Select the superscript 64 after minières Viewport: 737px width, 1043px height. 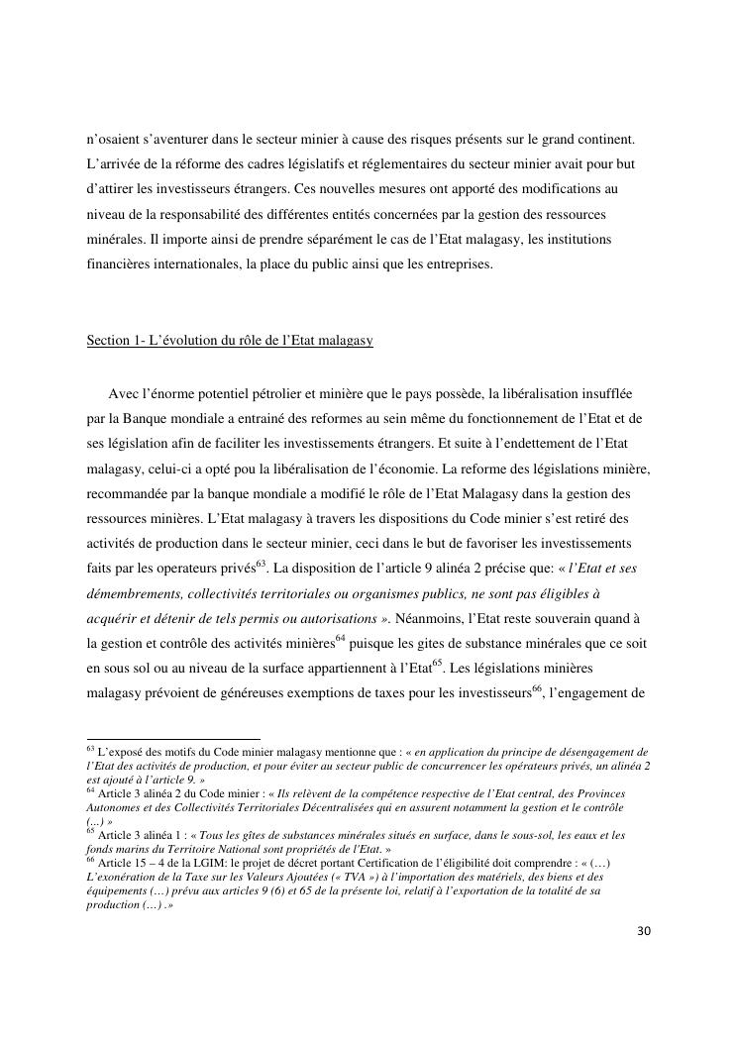pyautogui.click(x=340, y=637)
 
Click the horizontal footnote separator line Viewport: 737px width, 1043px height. pyautogui.click(x=173, y=739)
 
